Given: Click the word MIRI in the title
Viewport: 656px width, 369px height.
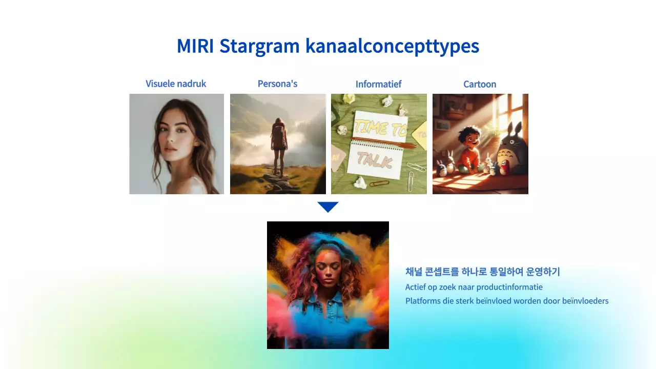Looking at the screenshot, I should pyautogui.click(x=195, y=46).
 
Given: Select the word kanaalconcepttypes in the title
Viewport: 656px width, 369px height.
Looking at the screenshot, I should pyautogui.click(x=392, y=47).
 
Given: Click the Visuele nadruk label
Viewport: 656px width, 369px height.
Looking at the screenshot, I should pyautogui.click(x=176, y=84).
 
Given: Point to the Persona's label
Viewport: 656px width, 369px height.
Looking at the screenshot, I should pyautogui.click(x=277, y=84).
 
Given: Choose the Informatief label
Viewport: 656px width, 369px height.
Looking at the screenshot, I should pyautogui.click(x=378, y=84).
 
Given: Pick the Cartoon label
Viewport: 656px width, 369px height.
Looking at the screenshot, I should pyautogui.click(x=480, y=84).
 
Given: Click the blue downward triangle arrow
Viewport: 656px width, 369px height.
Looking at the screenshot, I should pyautogui.click(x=328, y=207).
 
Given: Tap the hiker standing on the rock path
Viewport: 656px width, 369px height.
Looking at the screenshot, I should pyautogui.click(x=278, y=146).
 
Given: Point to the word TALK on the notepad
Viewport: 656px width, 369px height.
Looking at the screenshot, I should pyautogui.click(x=374, y=161).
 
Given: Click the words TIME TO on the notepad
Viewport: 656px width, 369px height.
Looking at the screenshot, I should pyautogui.click(x=379, y=127).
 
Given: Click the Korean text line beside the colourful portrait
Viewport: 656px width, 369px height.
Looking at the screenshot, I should pyautogui.click(x=482, y=272).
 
